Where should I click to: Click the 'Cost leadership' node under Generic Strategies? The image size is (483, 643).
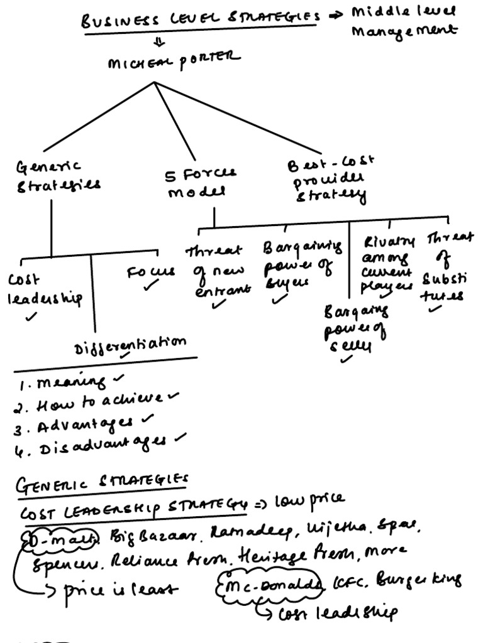pyautogui.click(x=44, y=289)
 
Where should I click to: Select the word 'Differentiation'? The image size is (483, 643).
pyautogui.click(x=130, y=345)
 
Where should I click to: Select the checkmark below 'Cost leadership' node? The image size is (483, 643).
pyautogui.click(x=31, y=316)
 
